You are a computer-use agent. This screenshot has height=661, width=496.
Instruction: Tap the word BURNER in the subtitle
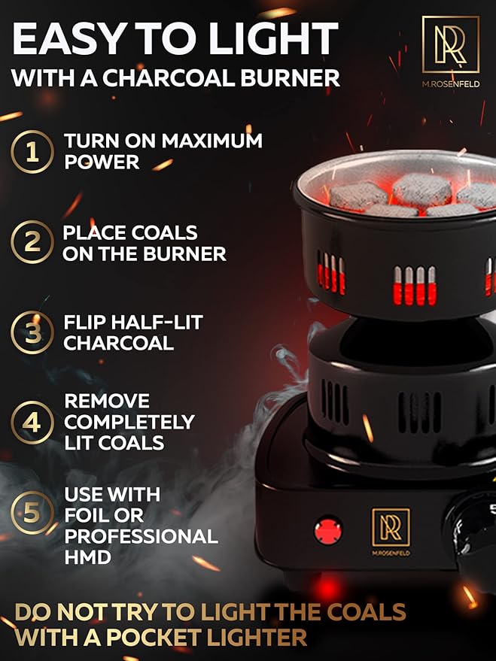[x=291, y=78]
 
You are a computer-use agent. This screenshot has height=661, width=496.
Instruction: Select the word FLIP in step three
[x=84, y=323]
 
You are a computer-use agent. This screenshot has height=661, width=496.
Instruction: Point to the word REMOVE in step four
[x=107, y=401]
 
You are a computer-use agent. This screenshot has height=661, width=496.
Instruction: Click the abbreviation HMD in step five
[x=88, y=557]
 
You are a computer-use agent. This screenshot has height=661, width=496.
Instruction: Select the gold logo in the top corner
[x=450, y=44]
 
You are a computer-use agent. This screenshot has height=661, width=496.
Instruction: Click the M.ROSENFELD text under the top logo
[x=451, y=84]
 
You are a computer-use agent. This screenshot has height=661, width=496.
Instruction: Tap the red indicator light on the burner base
[x=328, y=530]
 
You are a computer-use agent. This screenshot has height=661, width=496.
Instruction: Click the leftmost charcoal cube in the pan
[x=358, y=196]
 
